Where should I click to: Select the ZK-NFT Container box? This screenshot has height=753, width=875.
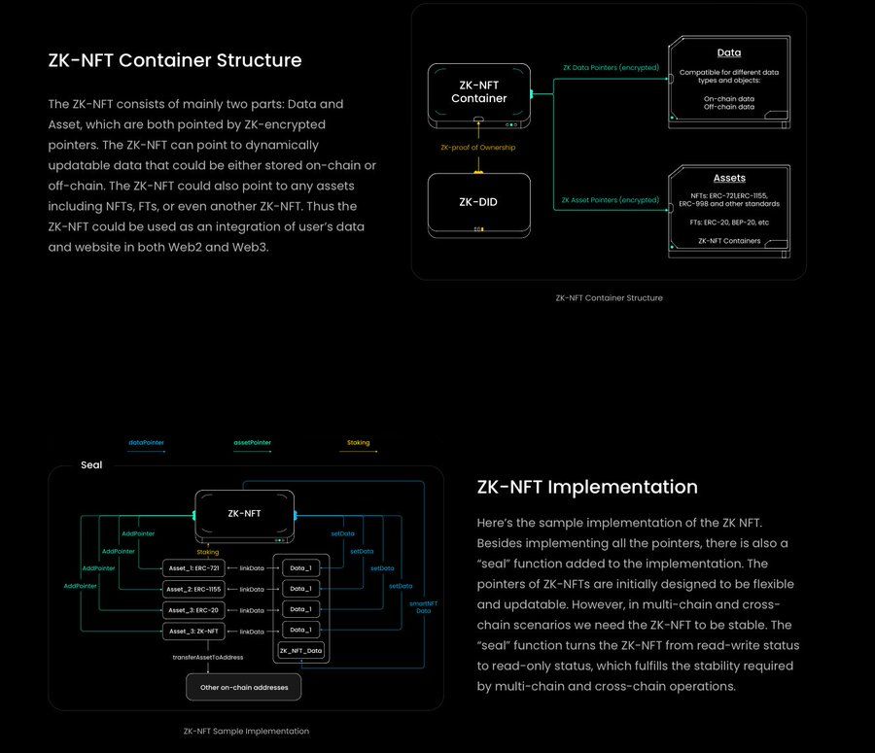click(x=478, y=91)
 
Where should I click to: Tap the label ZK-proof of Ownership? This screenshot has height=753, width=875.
click(x=478, y=147)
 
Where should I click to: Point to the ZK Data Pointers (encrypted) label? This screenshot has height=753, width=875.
click(x=611, y=68)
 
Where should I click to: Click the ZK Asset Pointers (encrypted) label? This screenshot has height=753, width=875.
click(x=611, y=200)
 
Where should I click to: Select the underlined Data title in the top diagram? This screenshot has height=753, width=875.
click(x=729, y=52)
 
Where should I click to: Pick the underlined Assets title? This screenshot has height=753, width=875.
click(x=729, y=178)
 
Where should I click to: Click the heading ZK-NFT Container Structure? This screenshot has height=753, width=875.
click(x=175, y=60)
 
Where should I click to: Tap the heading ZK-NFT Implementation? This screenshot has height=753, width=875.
click(x=587, y=487)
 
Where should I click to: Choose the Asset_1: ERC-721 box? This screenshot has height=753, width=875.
click(x=194, y=567)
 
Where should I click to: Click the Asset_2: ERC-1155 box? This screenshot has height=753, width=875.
click(x=194, y=589)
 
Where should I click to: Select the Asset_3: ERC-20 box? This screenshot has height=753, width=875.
click(x=194, y=610)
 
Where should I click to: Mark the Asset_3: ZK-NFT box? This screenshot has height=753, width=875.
click(x=194, y=632)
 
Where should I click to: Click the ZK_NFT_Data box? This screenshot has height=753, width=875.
click(x=301, y=650)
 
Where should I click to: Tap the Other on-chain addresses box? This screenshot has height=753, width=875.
click(x=244, y=687)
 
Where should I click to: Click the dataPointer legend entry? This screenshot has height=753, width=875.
click(x=146, y=443)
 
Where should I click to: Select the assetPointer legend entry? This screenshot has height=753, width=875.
click(x=252, y=443)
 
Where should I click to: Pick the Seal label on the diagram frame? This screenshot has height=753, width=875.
click(x=91, y=465)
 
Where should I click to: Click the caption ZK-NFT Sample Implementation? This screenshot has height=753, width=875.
click(x=246, y=731)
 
